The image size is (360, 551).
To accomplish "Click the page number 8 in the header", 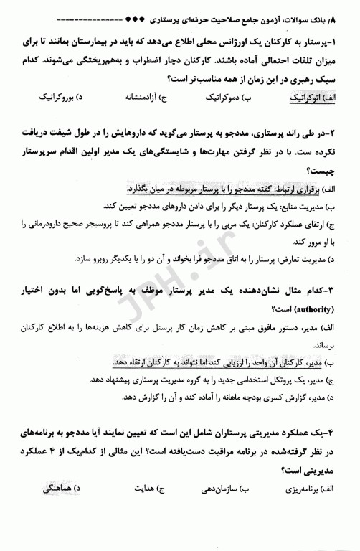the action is click(351, 12).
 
